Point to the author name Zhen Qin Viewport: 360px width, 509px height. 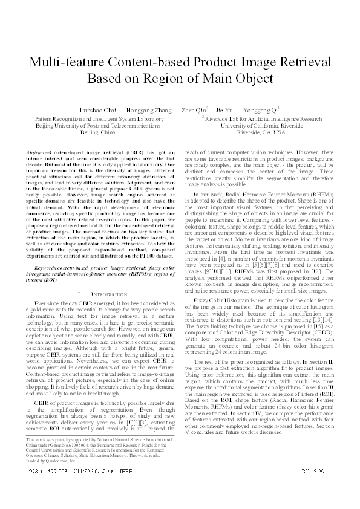coord(194,111)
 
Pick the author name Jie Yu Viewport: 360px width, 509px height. coord(224,111)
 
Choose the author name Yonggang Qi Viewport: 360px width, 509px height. coord(261,111)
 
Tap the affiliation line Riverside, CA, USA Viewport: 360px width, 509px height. coord(262,131)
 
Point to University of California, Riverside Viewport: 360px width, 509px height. coord(262,125)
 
